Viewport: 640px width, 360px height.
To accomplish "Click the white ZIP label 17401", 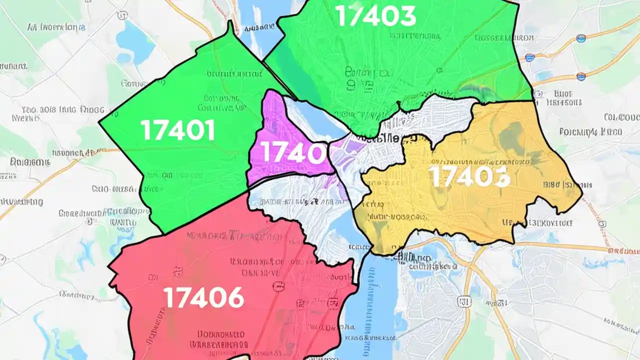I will coord(178,130).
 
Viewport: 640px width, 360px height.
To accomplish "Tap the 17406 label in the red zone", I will coord(204,298).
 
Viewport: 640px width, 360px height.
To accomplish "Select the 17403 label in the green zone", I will coord(375,16).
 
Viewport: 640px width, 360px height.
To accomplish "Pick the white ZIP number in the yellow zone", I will coord(469,176).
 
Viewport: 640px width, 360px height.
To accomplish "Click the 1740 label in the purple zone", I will coord(288,152).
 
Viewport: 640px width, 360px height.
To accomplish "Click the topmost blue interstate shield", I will coord(580,38).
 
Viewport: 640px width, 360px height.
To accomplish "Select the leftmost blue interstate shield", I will coord(529,57).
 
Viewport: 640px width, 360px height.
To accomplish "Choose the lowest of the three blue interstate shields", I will coord(580,76).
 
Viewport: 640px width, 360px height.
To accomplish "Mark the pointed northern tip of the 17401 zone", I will coord(230,23).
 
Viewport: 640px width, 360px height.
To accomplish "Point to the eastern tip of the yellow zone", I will coord(582,198).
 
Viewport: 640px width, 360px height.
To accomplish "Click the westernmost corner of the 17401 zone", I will coord(99,122).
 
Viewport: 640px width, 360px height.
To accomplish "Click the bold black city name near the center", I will coord(395,139).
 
